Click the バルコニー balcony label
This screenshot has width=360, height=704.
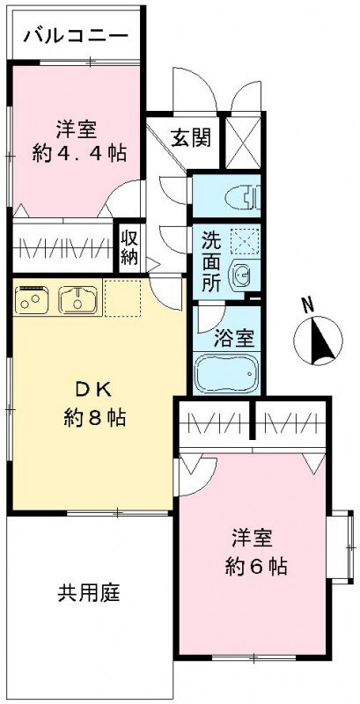[77, 36]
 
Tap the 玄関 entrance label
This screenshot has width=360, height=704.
[190, 137]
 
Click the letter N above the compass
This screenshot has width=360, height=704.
[307, 305]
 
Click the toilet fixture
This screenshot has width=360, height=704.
[240, 198]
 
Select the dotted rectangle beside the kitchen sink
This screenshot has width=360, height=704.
[121, 298]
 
